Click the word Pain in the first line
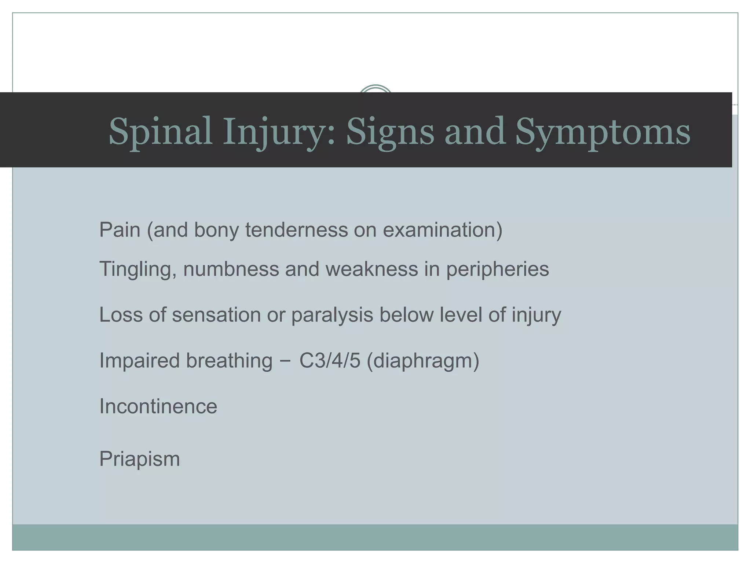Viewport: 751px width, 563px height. click(120, 230)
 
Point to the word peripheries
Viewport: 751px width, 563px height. click(497, 269)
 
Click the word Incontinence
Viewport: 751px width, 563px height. click(158, 406)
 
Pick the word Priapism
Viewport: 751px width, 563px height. click(139, 459)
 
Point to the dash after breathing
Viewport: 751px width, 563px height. click(286, 361)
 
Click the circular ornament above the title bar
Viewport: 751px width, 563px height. click(375, 89)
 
